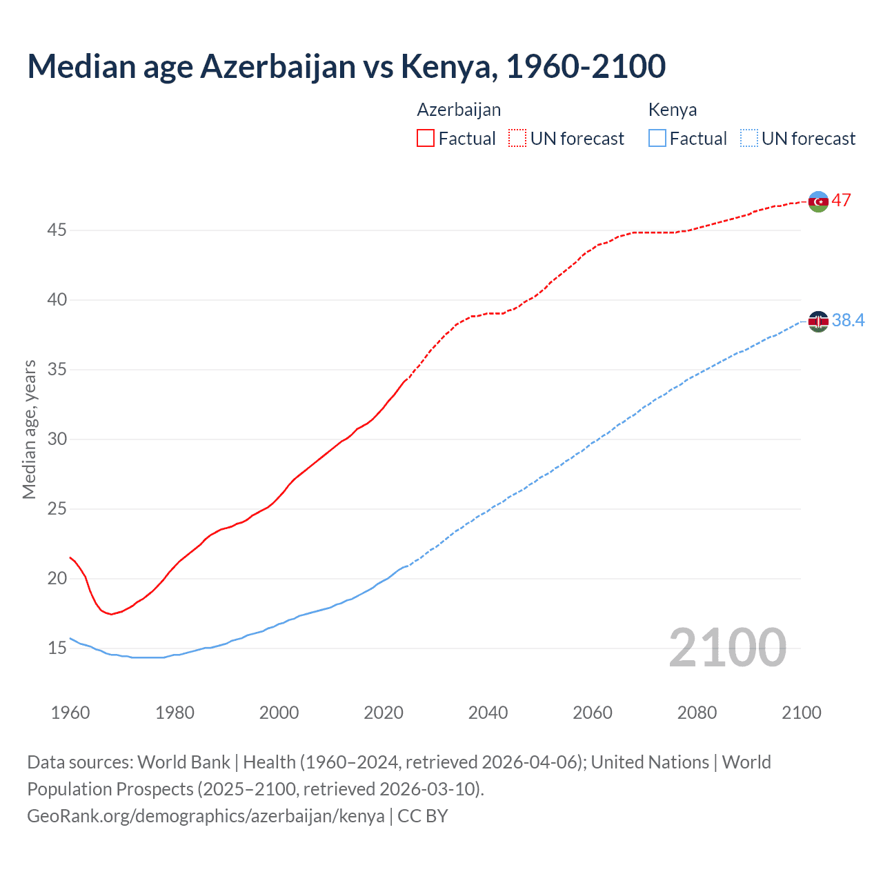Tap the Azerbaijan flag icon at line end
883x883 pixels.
[x=818, y=201]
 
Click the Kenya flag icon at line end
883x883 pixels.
[x=818, y=321]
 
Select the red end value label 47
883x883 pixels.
[x=841, y=201]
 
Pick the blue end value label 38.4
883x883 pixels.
[x=848, y=320]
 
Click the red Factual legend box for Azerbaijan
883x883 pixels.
[x=426, y=139]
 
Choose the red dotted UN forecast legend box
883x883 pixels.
[x=517, y=139]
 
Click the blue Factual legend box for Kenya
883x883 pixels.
[x=657, y=139]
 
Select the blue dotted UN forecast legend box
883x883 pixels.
[x=748, y=139]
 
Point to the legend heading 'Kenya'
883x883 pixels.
[x=672, y=110]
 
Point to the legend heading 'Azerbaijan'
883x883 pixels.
[x=459, y=110]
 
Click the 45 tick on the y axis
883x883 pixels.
[x=57, y=230]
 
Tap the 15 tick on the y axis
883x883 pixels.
[x=57, y=648]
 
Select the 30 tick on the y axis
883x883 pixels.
[x=57, y=439]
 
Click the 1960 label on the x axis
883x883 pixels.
[x=70, y=713]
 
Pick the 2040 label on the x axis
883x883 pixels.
[x=488, y=713]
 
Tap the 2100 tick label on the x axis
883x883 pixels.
[x=801, y=713]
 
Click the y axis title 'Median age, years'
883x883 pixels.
[x=29, y=429]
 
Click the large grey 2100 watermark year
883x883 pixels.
[x=727, y=648]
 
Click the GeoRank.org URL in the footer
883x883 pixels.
[x=206, y=816]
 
